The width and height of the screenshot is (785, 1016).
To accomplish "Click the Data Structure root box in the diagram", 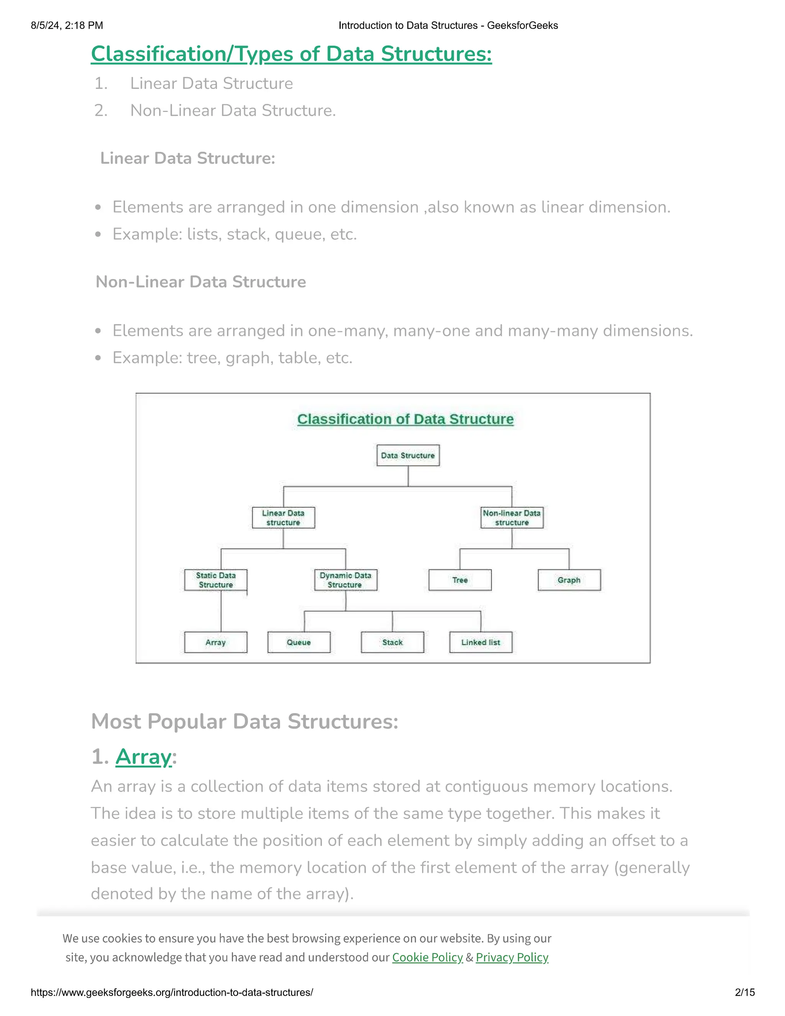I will tap(408, 455).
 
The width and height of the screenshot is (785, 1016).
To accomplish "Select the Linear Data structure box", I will tap(283, 518).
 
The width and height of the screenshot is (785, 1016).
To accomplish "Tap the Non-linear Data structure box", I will tap(512, 518).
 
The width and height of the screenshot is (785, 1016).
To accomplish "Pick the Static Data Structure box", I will tap(216, 580).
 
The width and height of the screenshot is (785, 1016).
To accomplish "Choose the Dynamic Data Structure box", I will tap(345, 580).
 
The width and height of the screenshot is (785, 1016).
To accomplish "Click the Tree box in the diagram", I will tap(460, 580).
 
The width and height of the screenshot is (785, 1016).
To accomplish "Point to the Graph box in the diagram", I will tap(569, 580).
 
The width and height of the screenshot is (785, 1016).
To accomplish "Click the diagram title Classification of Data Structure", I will tap(406, 419).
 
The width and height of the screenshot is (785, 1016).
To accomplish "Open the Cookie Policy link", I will tap(427, 957).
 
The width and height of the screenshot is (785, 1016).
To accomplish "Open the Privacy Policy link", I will tap(512, 957).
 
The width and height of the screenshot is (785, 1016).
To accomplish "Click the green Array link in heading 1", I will tap(144, 757).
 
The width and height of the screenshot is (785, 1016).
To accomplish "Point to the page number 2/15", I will tap(744, 992).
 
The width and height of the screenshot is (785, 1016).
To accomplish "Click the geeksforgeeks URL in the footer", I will tap(172, 992).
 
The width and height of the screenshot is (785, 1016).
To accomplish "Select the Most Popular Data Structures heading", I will tap(245, 722).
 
